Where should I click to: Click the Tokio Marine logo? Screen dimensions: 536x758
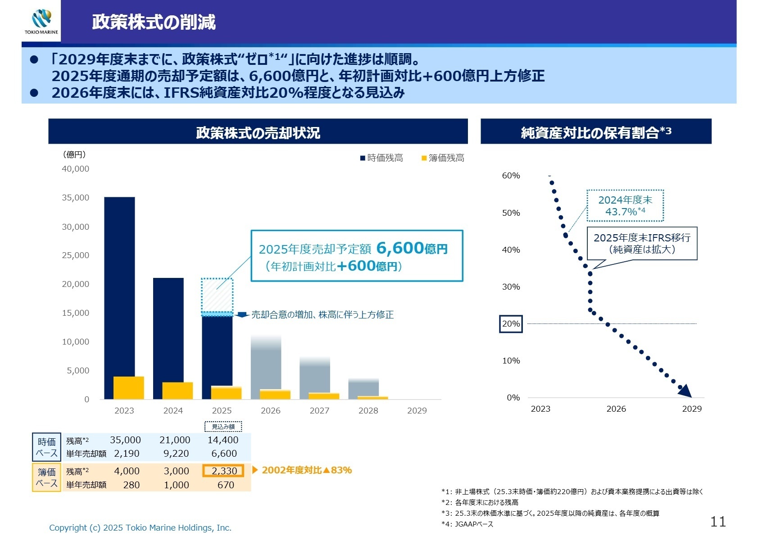coord(41,21)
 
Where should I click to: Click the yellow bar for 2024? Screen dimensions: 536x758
coord(177,391)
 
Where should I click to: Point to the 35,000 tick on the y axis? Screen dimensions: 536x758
coord(76,198)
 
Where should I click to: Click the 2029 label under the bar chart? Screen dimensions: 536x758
coord(417,410)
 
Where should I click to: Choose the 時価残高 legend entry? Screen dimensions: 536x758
coord(381,158)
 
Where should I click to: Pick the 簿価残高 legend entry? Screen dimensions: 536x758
coord(443,158)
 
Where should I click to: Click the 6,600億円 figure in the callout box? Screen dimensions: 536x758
coord(412,248)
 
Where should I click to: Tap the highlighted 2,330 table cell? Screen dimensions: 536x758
coord(223,471)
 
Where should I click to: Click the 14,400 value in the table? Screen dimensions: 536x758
coord(223,440)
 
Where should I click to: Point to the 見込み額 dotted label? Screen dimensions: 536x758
coord(223,427)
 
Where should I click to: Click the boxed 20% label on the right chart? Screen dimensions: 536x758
coord(511,324)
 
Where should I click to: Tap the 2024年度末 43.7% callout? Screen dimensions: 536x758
coord(625,206)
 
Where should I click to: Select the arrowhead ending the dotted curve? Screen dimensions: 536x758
coord(685,391)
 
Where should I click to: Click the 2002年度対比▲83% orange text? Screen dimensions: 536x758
coord(306,470)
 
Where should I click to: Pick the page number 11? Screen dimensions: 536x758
coord(718,522)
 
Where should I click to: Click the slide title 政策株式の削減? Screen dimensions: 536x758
coord(154,22)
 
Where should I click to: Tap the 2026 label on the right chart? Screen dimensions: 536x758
coord(616,409)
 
